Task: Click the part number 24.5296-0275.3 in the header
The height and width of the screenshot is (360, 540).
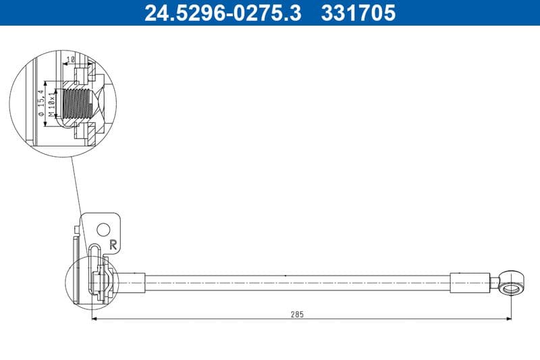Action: tap(223, 13)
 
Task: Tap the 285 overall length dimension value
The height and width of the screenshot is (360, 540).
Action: tap(298, 314)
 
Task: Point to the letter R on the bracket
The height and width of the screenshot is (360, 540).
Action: tap(113, 245)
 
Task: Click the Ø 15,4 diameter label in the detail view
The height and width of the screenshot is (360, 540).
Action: tap(42, 103)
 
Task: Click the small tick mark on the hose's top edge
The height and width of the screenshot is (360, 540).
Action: tap(286, 275)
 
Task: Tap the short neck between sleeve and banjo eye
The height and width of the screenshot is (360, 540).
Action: tap(493, 284)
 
